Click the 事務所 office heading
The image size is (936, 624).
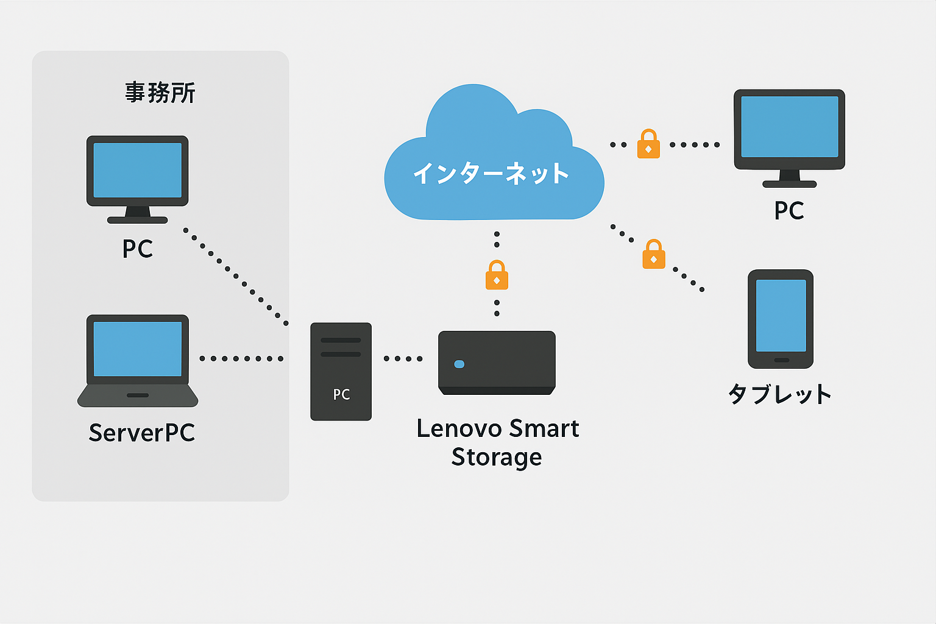pyautogui.click(x=160, y=93)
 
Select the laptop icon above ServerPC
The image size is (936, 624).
pyautogui.click(x=138, y=360)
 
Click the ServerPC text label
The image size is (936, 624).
pyautogui.click(x=142, y=433)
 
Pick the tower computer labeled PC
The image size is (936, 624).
pyautogui.click(x=341, y=371)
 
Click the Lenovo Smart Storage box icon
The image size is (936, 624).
pyautogui.click(x=497, y=363)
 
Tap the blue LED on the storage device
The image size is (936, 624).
pyautogui.click(x=459, y=364)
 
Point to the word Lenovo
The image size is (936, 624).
pyautogui.click(x=459, y=428)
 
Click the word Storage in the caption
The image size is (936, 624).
pyautogui.click(x=497, y=457)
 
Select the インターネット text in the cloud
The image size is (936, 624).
pyautogui.click(x=491, y=173)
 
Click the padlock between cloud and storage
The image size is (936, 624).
pyautogui.click(x=497, y=275)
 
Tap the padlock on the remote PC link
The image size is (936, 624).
pyautogui.click(x=648, y=144)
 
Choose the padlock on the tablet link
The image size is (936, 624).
pyautogui.click(x=654, y=255)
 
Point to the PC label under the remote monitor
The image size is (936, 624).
pyautogui.click(x=789, y=211)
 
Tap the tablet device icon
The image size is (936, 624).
pyautogui.click(x=781, y=318)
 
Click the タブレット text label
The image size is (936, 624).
pyautogui.click(x=781, y=394)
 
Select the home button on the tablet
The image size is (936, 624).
pyautogui.click(x=781, y=360)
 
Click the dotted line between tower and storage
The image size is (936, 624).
pyautogui.click(x=403, y=358)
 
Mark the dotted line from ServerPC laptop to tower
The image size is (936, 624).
pyautogui.click(x=242, y=358)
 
